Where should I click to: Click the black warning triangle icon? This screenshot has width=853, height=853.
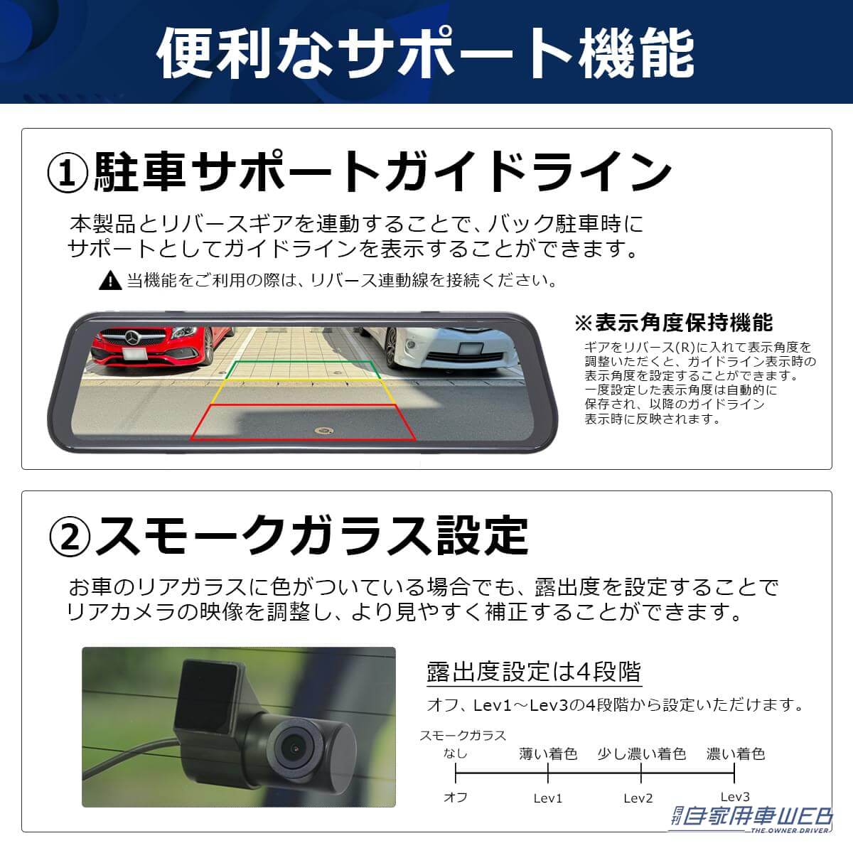pyautogui.click(x=110, y=280)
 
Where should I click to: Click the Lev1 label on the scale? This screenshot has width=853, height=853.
pyautogui.click(x=547, y=798)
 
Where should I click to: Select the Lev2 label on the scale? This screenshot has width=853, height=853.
pyautogui.click(x=638, y=798)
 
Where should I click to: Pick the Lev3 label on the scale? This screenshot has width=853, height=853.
pyautogui.click(x=734, y=797)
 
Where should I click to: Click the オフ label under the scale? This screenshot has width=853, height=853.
pyautogui.click(x=456, y=798)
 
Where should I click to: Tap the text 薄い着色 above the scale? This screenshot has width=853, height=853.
pyautogui.click(x=548, y=753)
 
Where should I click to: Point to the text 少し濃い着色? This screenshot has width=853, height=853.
pyautogui.click(x=641, y=753)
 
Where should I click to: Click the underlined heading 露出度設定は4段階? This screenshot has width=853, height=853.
pyautogui.click(x=533, y=671)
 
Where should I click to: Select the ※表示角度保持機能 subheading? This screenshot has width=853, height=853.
pyautogui.click(x=673, y=323)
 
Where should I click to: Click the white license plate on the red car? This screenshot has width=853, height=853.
pyautogui.click(x=134, y=354)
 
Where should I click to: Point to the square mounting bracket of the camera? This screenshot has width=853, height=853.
pyautogui.click(x=210, y=694)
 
